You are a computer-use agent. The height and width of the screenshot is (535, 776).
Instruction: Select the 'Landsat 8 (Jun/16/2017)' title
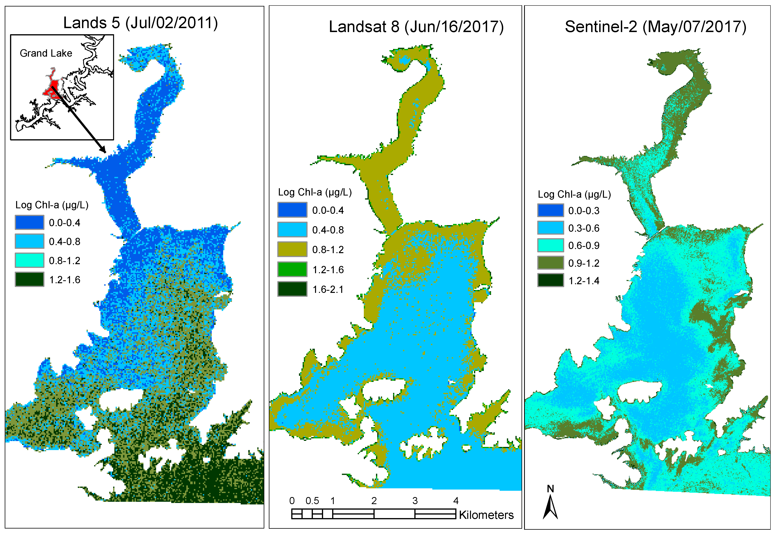416,27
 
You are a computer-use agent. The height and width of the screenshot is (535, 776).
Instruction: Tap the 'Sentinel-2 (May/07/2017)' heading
655,27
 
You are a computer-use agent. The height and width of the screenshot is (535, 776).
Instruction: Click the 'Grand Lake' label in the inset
46,53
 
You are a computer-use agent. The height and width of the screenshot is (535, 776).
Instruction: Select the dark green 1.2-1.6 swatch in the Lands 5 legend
29,279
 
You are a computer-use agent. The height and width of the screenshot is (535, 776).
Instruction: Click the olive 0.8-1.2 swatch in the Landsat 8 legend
292,249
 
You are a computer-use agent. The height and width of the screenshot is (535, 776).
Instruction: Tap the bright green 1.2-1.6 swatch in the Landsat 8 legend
292,269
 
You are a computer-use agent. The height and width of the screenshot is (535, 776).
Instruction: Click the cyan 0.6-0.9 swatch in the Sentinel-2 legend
550,245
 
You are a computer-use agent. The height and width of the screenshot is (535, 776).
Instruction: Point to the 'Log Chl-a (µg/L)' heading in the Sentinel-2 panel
574,194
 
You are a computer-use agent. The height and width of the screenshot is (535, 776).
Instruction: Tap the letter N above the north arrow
550,489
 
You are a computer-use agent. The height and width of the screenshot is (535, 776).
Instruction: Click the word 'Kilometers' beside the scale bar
486,515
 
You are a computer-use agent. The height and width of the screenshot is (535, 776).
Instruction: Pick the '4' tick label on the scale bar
456,501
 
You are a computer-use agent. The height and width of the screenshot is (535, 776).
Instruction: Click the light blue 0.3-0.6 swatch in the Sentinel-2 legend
550,228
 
